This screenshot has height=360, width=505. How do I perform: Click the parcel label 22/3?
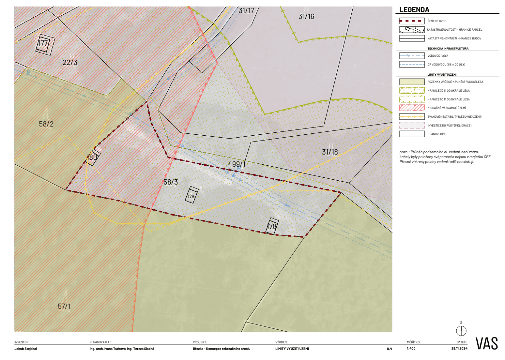pyautogui.click(x=70, y=62)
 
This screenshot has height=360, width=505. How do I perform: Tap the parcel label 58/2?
pyautogui.click(x=46, y=124)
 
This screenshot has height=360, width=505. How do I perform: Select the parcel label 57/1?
pyautogui.click(x=64, y=306)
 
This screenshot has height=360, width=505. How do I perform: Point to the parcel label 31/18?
pyautogui.click(x=330, y=152)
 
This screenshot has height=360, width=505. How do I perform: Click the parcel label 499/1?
pyautogui.click(x=237, y=164)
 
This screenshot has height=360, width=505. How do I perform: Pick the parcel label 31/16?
pyautogui.click(x=306, y=16)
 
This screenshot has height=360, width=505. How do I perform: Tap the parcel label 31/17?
pyautogui.click(x=246, y=11)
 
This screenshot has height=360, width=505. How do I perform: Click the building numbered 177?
pyautogui.click(x=45, y=44)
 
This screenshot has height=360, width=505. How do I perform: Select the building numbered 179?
pyautogui.click(x=191, y=195)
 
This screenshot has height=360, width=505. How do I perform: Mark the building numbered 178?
pyautogui.click(x=272, y=226)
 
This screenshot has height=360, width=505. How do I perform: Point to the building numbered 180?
pyautogui.click(x=93, y=157)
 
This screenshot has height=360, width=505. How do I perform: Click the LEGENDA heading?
pyautogui.click(x=414, y=10)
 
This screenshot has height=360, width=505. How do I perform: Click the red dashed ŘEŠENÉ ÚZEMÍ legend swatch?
pyautogui.click(x=412, y=21)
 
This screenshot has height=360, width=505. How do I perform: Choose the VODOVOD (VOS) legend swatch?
pyautogui.click(x=412, y=56)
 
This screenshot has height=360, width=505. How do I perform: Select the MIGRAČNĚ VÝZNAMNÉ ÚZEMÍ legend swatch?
pyautogui.click(x=412, y=108)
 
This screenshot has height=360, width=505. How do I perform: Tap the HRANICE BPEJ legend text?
pyautogui.click(x=437, y=134)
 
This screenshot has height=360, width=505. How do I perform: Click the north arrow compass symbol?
pyautogui.click(x=461, y=331)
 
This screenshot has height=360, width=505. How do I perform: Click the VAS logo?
pyautogui.click(x=486, y=343)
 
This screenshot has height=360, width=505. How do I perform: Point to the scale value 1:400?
pyautogui.click(x=411, y=349)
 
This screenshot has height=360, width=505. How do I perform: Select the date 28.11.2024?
pyautogui.click(x=459, y=349)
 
